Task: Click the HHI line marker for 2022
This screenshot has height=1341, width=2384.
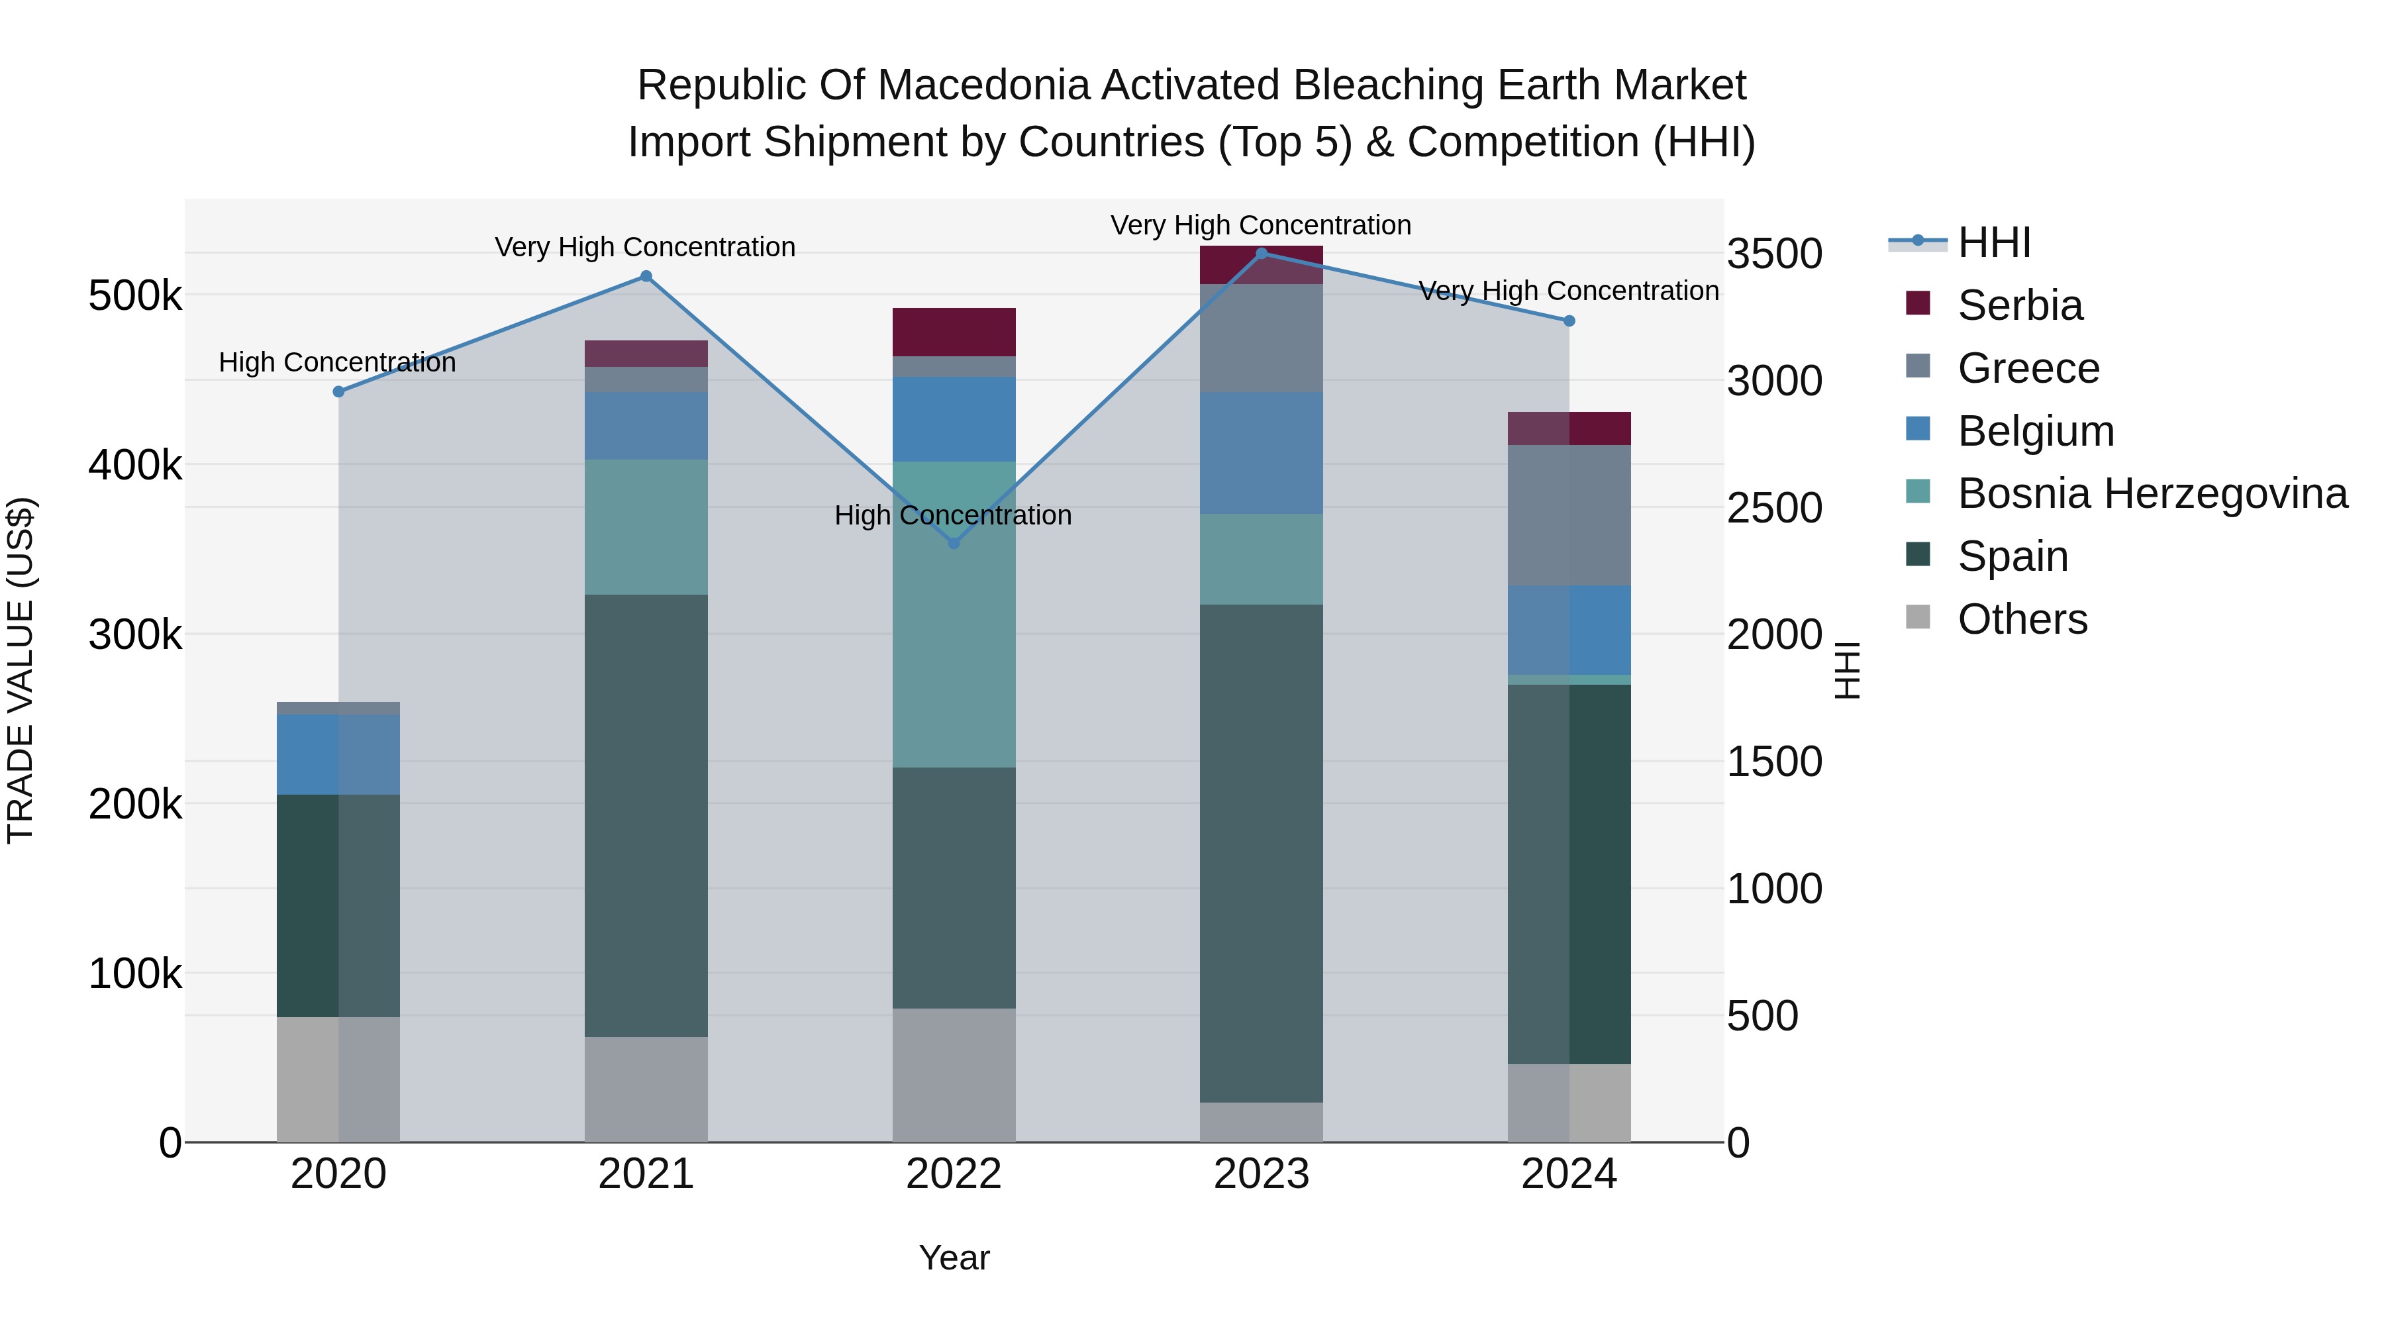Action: tap(954, 543)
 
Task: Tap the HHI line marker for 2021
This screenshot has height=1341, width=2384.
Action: tap(646, 275)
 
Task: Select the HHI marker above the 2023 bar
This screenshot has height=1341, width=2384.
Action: tap(1262, 253)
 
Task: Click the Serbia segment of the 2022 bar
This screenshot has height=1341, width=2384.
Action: tap(954, 331)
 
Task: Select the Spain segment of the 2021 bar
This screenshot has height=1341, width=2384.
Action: tap(646, 815)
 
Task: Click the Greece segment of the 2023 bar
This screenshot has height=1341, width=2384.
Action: tap(1262, 338)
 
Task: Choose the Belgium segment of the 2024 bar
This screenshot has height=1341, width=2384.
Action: tap(1569, 629)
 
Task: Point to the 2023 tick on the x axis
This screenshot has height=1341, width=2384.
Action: tap(1262, 1174)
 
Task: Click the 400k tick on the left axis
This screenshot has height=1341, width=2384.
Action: tap(135, 466)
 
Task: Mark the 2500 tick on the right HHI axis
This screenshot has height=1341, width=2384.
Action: tap(1774, 508)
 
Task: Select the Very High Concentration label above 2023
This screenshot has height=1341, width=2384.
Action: tap(1260, 225)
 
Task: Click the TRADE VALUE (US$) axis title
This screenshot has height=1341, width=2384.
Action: tap(21, 670)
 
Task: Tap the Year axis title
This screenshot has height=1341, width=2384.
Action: tap(954, 1258)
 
